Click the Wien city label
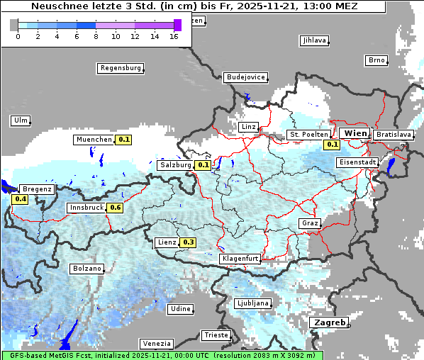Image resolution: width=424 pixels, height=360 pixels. [x=356, y=133]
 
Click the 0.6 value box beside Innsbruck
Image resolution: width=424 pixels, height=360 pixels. [x=116, y=208]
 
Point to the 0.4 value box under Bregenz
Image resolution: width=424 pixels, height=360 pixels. [x=21, y=199]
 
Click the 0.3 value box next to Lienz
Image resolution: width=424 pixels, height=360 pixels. [x=188, y=242]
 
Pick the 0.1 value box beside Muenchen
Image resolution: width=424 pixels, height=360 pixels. [x=124, y=140]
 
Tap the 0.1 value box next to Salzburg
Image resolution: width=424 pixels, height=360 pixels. [x=203, y=165]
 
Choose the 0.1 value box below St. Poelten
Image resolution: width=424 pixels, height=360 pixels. [x=332, y=145]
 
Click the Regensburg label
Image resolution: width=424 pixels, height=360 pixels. [x=121, y=68]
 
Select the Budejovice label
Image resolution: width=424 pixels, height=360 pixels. [x=245, y=77]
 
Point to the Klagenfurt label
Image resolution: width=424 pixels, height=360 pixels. [x=240, y=259]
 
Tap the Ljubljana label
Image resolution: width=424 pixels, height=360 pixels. [x=252, y=303]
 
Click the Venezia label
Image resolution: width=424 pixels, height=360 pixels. [x=156, y=343]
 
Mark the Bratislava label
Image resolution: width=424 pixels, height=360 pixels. [x=393, y=134]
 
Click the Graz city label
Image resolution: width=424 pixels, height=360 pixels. [x=310, y=223]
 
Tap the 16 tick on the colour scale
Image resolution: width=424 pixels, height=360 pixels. [x=174, y=35]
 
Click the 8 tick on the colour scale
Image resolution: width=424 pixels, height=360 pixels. [x=96, y=35]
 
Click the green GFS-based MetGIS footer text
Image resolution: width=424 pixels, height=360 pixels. [x=162, y=355]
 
